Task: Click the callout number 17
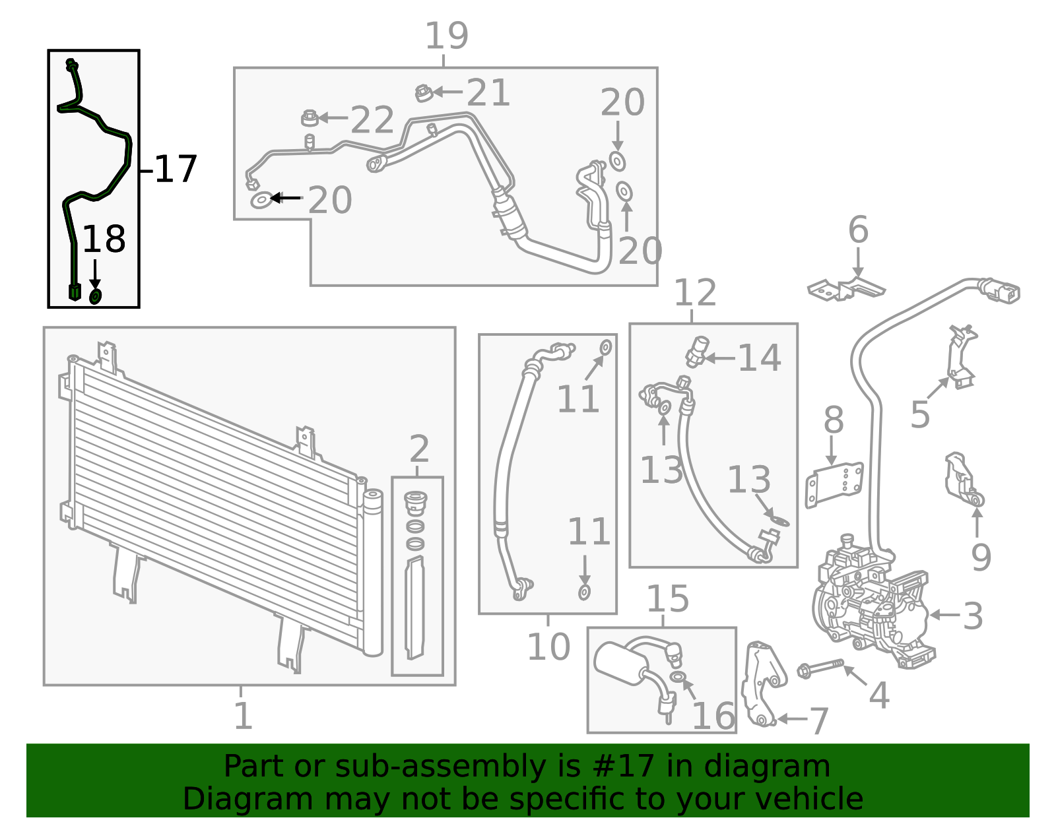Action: (x=176, y=170)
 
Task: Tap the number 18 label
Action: (x=104, y=239)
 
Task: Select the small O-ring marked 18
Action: (x=95, y=296)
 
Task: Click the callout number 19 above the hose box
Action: (x=446, y=36)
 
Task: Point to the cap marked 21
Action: (x=423, y=93)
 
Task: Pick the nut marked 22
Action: (x=308, y=118)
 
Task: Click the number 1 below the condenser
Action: (x=243, y=716)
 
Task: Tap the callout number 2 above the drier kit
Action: (x=419, y=450)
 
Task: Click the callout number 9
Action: (x=981, y=557)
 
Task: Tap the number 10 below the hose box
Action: (x=548, y=647)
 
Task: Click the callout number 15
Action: (x=667, y=599)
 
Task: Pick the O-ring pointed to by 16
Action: (x=677, y=677)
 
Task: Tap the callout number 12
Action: (x=695, y=293)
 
